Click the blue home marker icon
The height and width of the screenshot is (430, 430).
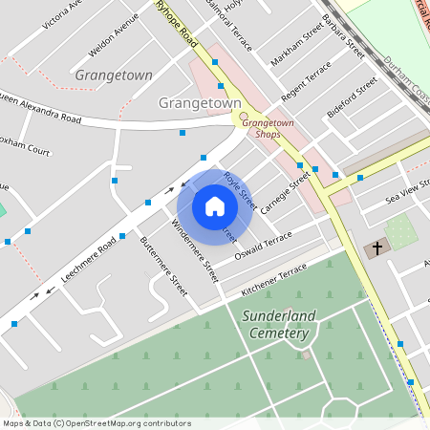point(215,205)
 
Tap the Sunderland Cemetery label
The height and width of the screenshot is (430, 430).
point(279,324)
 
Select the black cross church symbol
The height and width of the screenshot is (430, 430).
point(376,248)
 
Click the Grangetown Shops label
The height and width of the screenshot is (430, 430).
point(268,128)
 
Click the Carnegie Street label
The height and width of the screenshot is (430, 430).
point(286,191)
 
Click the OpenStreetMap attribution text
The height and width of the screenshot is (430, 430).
point(96,423)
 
